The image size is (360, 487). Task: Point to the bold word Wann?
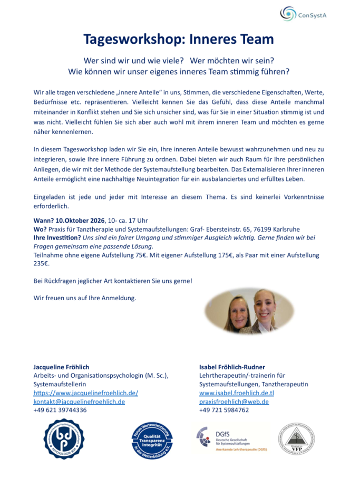coord(44,220)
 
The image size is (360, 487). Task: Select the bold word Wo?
coord(40,229)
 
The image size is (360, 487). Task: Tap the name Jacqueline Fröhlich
coord(61,367)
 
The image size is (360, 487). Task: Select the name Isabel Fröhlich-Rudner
coord(232,367)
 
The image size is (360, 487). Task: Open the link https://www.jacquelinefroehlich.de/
coord(85,393)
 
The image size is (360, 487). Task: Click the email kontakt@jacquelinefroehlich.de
coord(79,402)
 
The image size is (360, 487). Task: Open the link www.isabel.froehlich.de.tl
coord(237,393)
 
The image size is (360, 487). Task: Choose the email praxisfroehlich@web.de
coord(234,402)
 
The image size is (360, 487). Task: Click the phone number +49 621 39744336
coord(60,410)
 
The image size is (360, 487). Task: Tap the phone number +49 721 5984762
coord(224,410)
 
